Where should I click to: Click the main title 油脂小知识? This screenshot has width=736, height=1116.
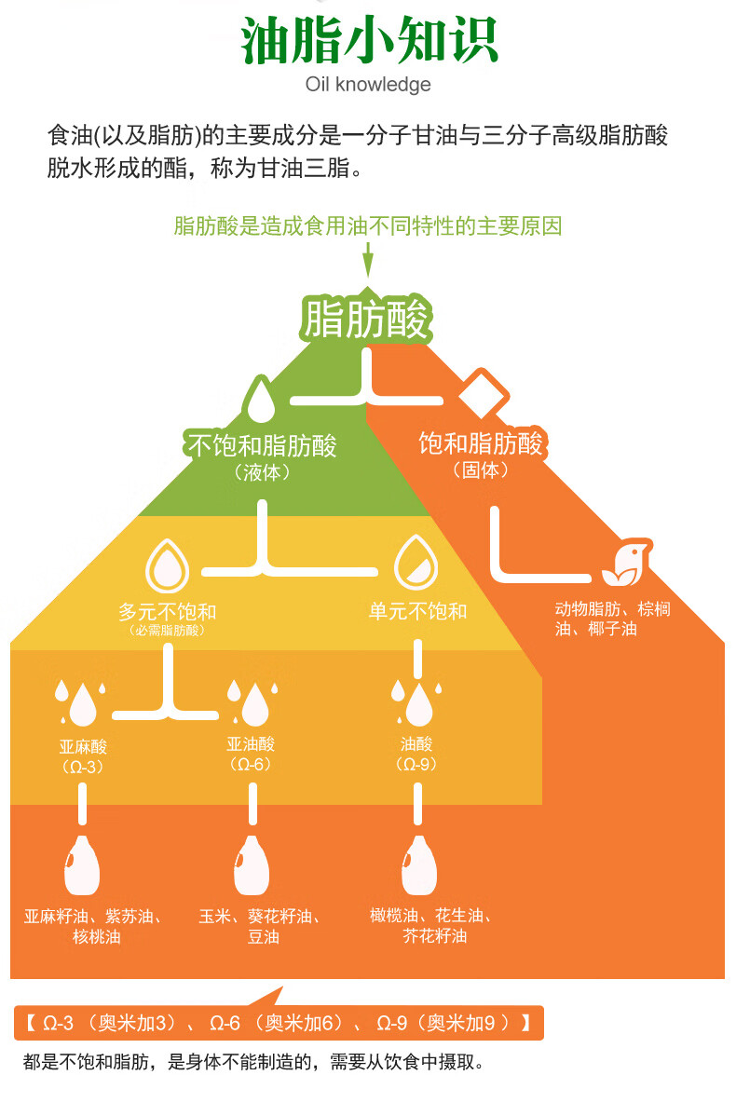pos(369,40)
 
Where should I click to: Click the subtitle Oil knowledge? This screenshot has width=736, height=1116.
pos(368,85)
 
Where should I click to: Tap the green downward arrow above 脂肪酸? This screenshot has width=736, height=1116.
pos(368,259)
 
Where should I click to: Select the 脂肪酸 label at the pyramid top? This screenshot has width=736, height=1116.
pos(366,319)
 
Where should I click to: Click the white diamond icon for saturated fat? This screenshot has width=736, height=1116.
pos(484,393)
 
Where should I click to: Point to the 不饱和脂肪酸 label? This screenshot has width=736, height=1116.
pos(262,445)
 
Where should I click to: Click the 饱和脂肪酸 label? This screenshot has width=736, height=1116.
pos(481,443)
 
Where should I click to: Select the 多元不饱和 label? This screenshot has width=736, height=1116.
pos(168,611)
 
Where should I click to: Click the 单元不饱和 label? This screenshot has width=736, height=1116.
pos(417,611)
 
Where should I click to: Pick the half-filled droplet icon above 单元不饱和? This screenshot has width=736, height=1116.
pos(416,563)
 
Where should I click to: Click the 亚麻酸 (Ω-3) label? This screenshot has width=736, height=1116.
pos(83,755)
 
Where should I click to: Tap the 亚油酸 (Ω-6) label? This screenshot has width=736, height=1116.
pos(251,754)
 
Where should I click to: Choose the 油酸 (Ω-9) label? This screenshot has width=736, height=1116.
pos(416,754)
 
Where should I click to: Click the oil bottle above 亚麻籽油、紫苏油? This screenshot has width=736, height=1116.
pos(82,864)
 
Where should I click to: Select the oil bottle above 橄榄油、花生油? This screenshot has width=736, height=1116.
pos(418,864)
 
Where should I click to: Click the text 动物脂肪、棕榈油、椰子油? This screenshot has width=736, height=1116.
pos(613,619)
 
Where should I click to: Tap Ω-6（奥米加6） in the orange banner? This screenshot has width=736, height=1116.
pos(277,1024)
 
